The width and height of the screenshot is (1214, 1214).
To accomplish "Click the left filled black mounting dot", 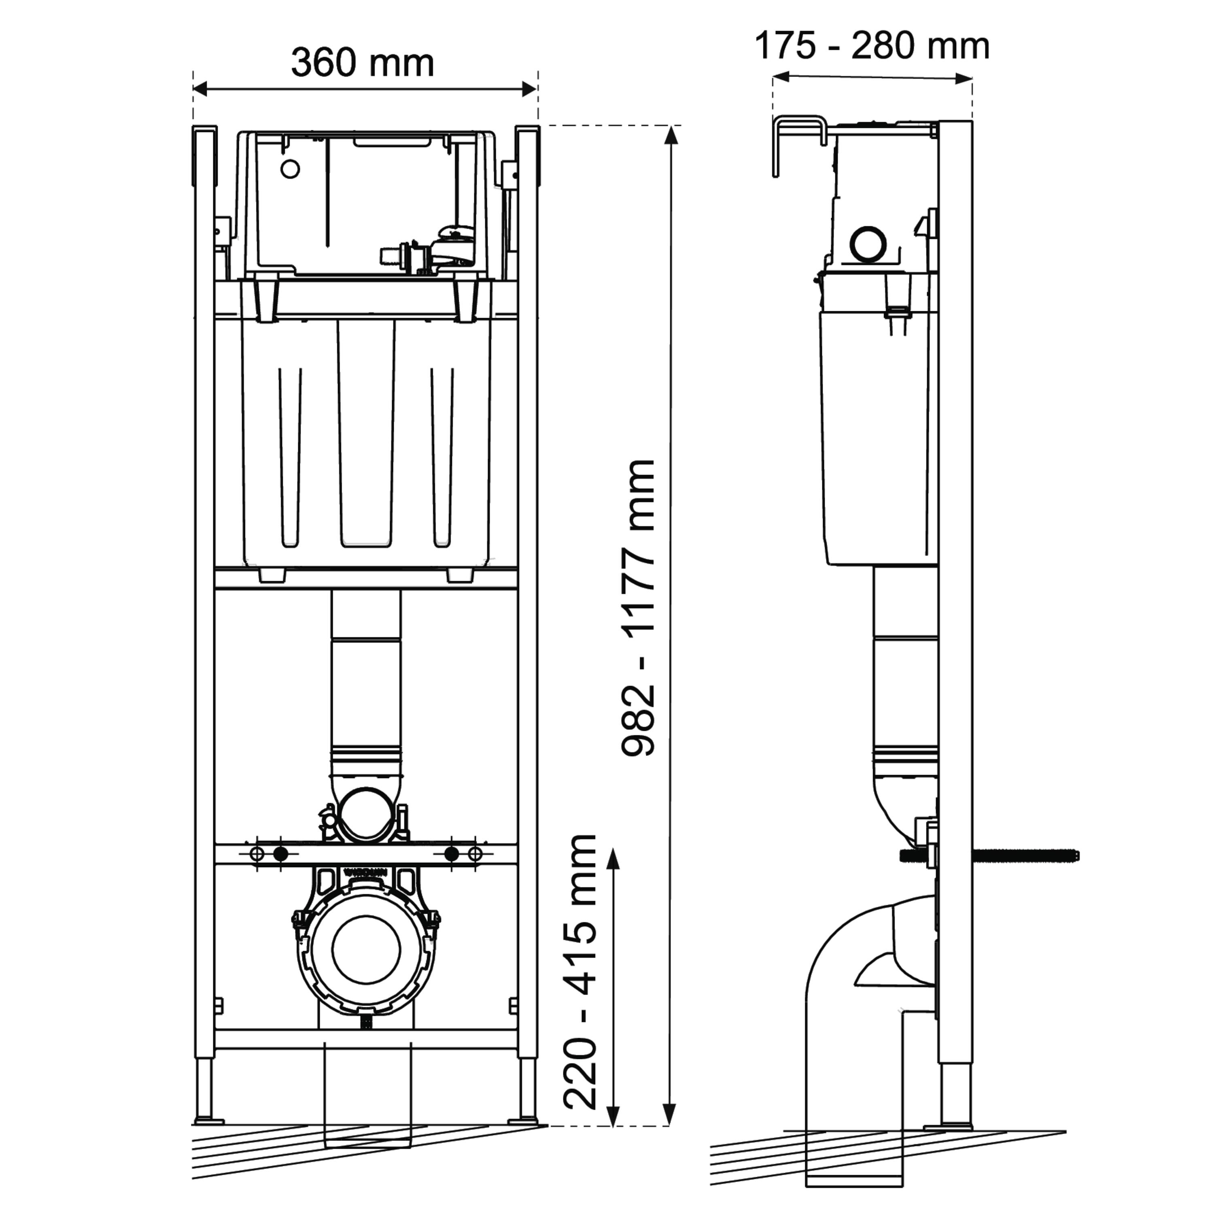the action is point(281,855).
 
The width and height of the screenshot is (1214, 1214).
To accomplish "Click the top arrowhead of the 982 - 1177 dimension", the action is point(672,135).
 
